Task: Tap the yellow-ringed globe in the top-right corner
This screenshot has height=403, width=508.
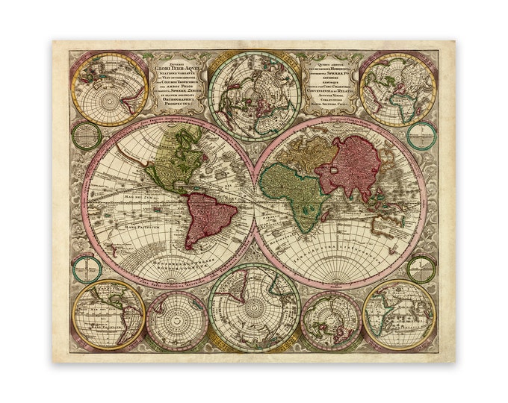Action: click(396, 88)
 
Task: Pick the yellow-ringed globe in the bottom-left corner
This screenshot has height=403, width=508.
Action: click(108, 314)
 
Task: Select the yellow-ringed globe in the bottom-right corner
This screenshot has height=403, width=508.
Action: click(398, 314)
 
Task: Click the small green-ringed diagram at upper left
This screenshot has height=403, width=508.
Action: click(87, 136)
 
